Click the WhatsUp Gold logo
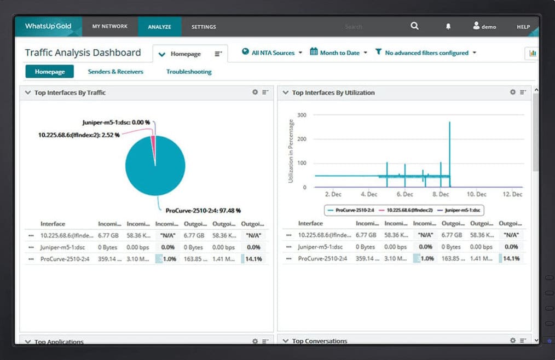pyautogui.click(x=48, y=26)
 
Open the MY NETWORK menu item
pyautogui.click(x=109, y=26)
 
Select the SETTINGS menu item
pyautogui.click(x=204, y=27)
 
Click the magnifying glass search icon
pyautogui.click(x=414, y=26)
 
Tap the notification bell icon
pyautogui.click(x=448, y=26)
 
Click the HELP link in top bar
pyautogui.click(x=523, y=27)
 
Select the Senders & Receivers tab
pyautogui.click(x=115, y=72)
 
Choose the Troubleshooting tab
pyautogui.click(x=189, y=72)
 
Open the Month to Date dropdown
pyautogui.click(x=339, y=53)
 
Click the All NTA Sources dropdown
pyautogui.click(x=272, y=53)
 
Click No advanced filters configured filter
pyautogui.click(x=426, y=53)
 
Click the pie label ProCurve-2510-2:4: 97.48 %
pyautogui.click(x=203, y=210)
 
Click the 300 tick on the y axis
pyautogui.click(x=302, y=115)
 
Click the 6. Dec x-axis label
pyautogui.click(x=404, y=194)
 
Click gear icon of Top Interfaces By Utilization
pyautogui.click(x=513, y=92)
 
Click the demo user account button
pyautogui.click(x=484, y=26)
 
